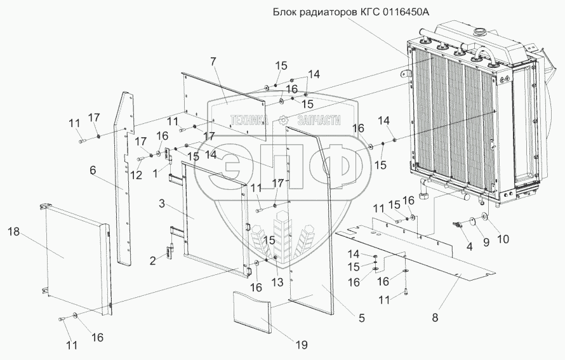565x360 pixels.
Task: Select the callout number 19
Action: click(301, 345)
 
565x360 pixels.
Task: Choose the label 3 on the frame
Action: click(162, 204)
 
